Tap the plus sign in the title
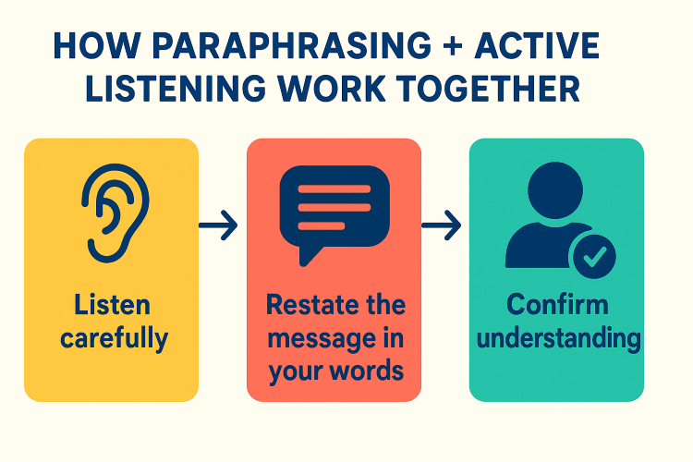(x=452, y=45)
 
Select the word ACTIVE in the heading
(x=537, y=45)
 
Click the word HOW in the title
(x=97, y=45)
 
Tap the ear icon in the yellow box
(x=115, y=213)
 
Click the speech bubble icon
(x=334, y=215)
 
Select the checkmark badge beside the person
(x=594, y=257)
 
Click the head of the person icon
(x=555, y=190)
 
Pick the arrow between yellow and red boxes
(x=218, y=225)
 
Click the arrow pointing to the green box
(x=441, y=225)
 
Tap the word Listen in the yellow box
(x=112, y=305)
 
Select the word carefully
(x=114, y=339)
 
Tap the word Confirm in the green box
(x=557, y=305)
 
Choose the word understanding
(x=559, y=339)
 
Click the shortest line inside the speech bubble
(x=322, y=225)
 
